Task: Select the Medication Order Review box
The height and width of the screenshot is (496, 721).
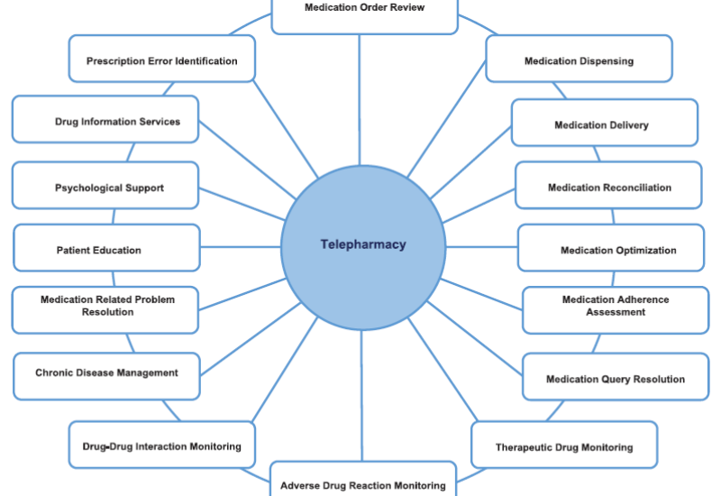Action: coord(364,11)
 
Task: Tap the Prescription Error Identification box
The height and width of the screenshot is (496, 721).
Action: coord(162,60)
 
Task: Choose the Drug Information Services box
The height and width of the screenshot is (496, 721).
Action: coord(105,120)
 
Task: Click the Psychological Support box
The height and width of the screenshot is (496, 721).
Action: coord(105,187)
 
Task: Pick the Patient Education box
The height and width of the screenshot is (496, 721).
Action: coord(106,249)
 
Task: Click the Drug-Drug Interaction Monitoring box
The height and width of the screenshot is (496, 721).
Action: coord(162,445)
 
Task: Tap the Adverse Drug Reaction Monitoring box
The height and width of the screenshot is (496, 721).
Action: coord(363,482)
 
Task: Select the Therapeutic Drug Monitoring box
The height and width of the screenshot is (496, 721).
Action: coord(564,445)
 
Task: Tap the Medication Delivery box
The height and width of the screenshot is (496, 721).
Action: coord(605,124)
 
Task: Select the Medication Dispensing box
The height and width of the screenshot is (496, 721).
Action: coord(579,60)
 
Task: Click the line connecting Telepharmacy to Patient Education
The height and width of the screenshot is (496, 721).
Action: coord(241,246)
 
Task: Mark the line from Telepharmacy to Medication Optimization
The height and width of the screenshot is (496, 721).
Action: coord(481,246)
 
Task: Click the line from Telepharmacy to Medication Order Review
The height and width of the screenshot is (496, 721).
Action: coord(360,99)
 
